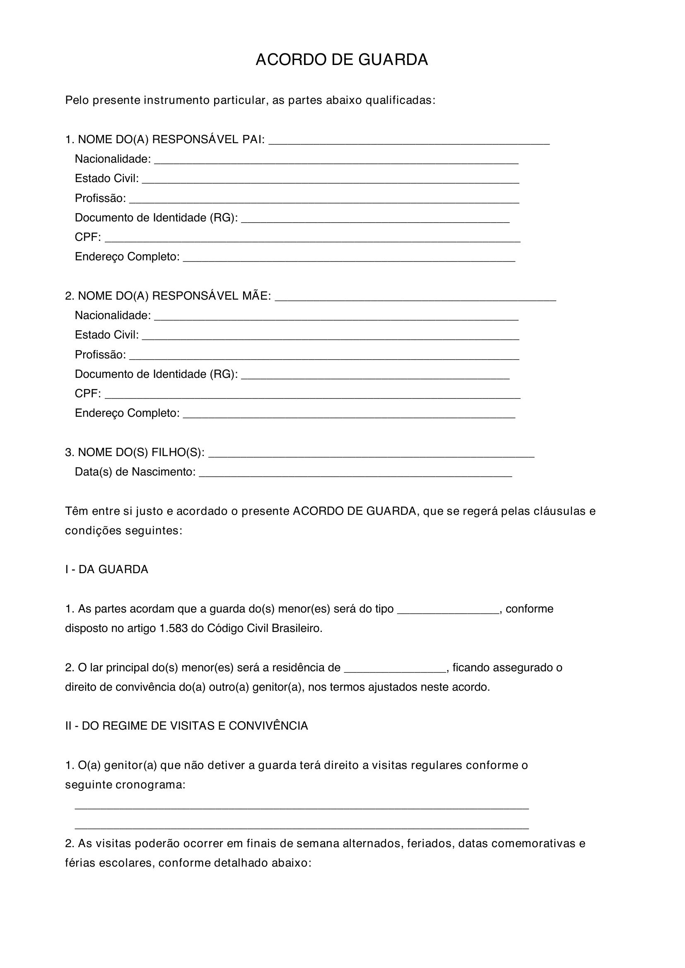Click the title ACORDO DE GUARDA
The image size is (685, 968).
tap(342, 60)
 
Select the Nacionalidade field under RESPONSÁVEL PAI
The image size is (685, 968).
tap(336, 161)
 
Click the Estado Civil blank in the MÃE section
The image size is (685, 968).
tap(330, 336)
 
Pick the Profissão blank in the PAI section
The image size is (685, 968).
tap(324, 200)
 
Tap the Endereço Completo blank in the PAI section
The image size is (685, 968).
tap(349, 258)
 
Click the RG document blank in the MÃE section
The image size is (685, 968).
tap(375, 376)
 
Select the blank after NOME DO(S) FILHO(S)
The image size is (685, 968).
tap(371, 454)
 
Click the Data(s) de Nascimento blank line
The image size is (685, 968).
tap(355, 473)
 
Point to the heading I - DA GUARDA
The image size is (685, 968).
tap(107, 569)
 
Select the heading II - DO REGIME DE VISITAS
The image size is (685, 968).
tap(186, 726)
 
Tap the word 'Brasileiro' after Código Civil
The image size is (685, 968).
tap(297, 629)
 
